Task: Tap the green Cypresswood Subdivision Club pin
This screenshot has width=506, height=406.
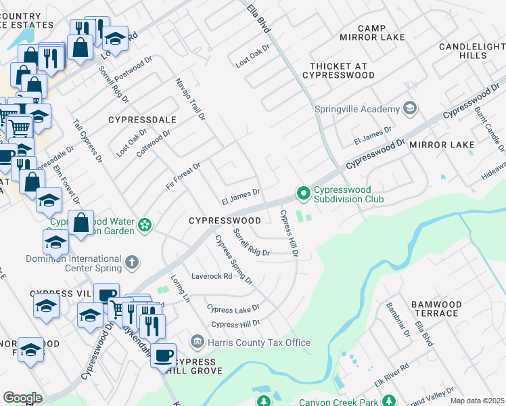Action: tap(304, 194)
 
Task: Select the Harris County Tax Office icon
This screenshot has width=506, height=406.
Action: tap(197, 342)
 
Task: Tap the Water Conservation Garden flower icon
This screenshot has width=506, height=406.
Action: tap(144, 225)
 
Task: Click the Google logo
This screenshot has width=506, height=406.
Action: tap(22, 398)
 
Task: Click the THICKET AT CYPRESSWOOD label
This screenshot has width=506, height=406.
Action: tap(342, 70)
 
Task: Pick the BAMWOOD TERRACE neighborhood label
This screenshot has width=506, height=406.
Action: tap(434, 309)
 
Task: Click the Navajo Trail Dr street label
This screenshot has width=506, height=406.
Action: tap(189, 99)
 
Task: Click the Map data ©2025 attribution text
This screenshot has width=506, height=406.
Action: tap(476, 401)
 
